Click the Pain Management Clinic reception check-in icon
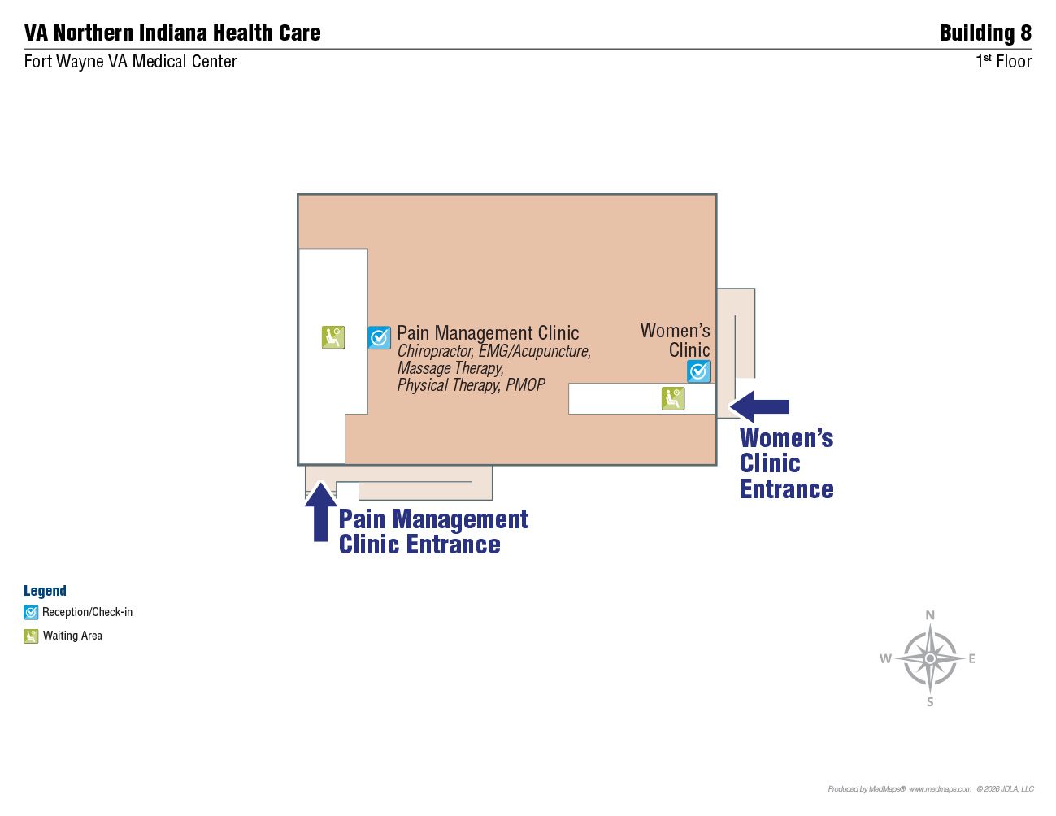[x=379, y=337]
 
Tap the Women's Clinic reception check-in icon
[x=698, y=371]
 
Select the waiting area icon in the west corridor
[x=333, y=337]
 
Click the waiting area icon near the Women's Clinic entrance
[x=673, y=399]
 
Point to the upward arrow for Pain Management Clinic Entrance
[x=321, y=512]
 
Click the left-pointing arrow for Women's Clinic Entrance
[x=759, y=406]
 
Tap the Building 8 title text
[x=985, y=33]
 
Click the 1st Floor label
[x=1003, y=62]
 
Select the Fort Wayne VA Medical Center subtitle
[x=130, y=62]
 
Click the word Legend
[x=45, y=591]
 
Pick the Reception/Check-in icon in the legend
[x=31, y=613]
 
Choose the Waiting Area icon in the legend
[x=31, y=636]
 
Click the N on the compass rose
[x=930, y=615]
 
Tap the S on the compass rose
[x=930, y=702]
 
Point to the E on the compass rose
[x=971, y=659]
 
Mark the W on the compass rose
[x=885, y=659]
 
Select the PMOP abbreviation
[x=525, y=385]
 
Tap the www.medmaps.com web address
[x=940, y=789]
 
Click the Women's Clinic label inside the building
[x=675, y=340]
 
